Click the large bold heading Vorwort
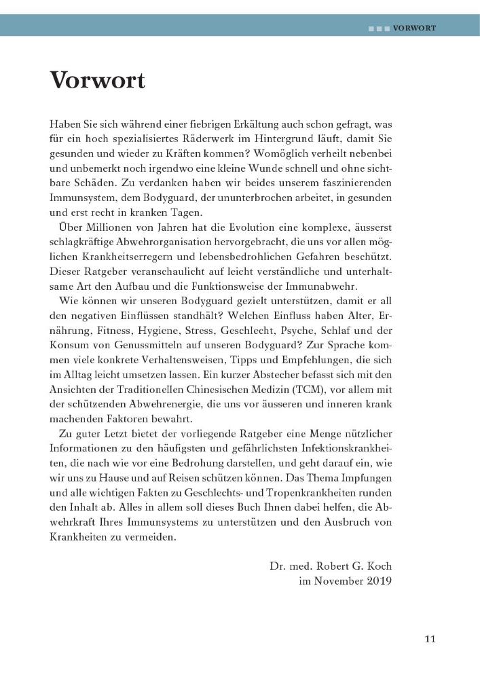tap(97, 80)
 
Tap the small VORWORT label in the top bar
tap(413, 29)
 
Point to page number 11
tap(430, 638)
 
